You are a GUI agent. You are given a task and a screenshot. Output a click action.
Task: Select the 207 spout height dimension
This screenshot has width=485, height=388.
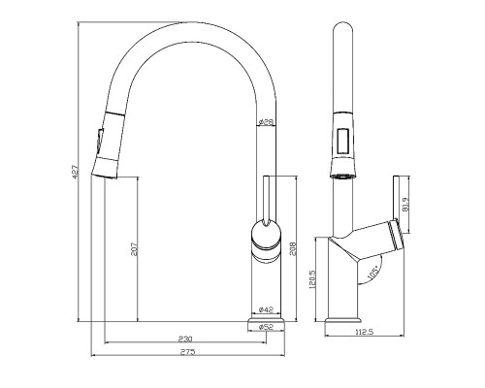[134, 249]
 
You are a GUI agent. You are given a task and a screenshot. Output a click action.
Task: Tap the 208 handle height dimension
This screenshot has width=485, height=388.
[293, 248]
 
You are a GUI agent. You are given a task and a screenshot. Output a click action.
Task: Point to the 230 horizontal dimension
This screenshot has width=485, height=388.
[185, 339]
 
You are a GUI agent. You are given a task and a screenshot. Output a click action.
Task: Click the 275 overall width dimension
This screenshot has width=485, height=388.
[187, 352]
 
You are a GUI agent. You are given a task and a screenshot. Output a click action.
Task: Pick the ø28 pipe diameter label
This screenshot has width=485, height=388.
[267, 122]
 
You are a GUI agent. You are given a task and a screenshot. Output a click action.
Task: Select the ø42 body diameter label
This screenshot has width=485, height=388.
[267, 309]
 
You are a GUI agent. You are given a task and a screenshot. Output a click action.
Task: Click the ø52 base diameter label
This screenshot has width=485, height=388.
[267, 327]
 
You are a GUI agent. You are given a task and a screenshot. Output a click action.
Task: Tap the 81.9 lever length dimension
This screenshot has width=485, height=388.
[405, 205]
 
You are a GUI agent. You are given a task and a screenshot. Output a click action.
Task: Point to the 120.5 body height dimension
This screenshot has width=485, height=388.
[312, 279]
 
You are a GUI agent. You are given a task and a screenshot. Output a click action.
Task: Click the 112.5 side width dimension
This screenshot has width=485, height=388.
[365, 332]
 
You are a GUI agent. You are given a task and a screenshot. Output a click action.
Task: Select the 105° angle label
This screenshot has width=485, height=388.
[373, 273]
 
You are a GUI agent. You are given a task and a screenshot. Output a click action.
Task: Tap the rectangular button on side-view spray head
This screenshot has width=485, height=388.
[342, 141]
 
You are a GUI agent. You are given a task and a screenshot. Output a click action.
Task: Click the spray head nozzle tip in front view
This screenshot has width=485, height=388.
[104, 176]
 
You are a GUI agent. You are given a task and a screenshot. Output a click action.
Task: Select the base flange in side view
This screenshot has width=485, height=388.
[342, 320]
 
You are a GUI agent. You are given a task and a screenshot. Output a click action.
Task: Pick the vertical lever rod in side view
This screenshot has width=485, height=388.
[397, 198]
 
